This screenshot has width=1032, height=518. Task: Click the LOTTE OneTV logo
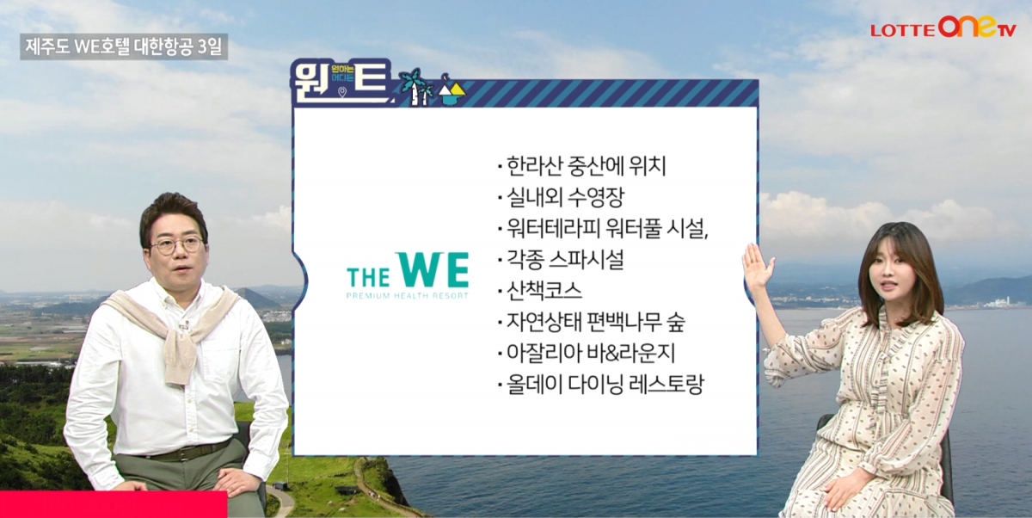[943, 28]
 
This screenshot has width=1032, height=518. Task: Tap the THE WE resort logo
[408, 274]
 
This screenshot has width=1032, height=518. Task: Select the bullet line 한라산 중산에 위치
[581, 166]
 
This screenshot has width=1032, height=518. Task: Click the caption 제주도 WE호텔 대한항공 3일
[124, 46]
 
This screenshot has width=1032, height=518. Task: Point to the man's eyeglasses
[177, 245]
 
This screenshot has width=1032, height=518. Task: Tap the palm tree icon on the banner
[413, 85]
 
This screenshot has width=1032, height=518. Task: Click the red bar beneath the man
[113, 504]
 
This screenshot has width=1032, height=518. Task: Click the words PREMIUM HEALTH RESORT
[408, 295]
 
